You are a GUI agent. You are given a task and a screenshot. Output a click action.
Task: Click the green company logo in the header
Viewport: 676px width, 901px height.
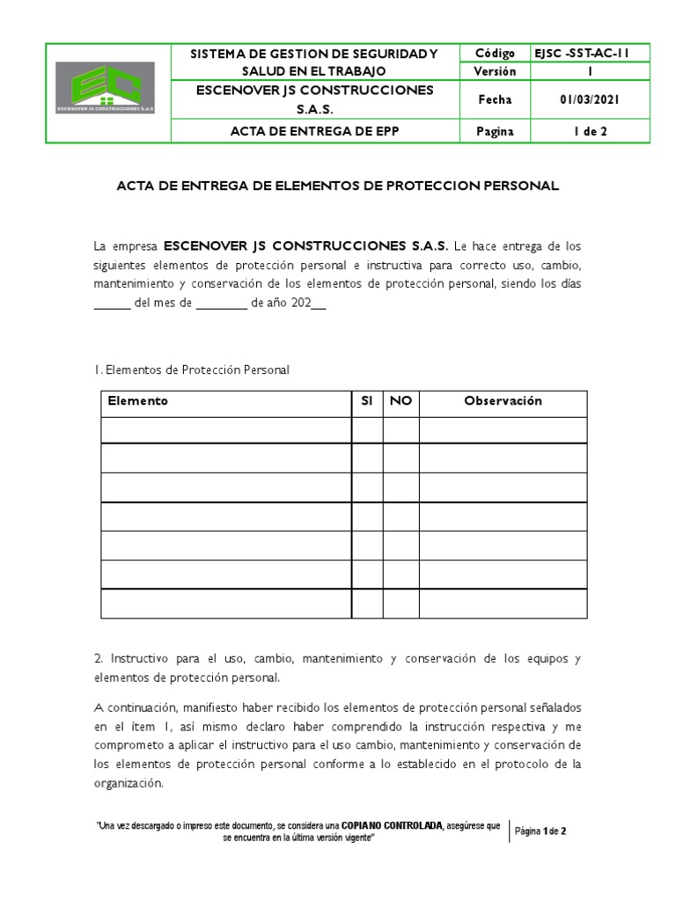pos(105,88)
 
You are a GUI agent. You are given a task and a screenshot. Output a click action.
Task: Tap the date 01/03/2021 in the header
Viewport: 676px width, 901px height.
pos(590,100)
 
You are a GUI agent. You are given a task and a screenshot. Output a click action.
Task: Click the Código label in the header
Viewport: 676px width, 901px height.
pos(495,54)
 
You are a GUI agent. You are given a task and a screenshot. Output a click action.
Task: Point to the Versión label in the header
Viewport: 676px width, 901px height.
pos(495,71)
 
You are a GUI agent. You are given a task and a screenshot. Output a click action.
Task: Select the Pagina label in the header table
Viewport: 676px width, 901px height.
pos(495,132)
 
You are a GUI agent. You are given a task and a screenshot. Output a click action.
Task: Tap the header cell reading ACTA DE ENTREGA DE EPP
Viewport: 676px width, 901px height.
pos(315,132)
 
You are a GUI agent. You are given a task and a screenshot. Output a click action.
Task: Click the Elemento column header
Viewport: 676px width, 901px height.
pos(138,401)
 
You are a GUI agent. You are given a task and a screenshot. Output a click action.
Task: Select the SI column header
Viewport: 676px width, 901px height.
pos(367,401)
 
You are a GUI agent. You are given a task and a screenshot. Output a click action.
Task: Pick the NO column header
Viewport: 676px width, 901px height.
pos(400,401)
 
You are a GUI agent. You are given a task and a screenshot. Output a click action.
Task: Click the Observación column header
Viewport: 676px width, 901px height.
pos(503,401)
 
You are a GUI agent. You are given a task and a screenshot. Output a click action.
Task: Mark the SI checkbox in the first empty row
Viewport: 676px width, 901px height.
pos(367,430)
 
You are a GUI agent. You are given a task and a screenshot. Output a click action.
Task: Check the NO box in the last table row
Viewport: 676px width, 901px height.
pos(400,604)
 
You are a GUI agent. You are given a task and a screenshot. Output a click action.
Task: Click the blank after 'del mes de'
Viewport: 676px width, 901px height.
pos(221,304)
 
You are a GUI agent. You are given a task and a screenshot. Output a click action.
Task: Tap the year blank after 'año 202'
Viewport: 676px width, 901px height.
pos(319,304)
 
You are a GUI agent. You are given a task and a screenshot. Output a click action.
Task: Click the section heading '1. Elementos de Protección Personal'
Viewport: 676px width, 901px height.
pos(191,370)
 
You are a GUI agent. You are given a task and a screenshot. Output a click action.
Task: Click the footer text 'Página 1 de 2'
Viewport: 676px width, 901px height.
pos(540,831)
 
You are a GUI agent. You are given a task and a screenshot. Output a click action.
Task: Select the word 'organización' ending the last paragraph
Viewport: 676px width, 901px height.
pos(129,783)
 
